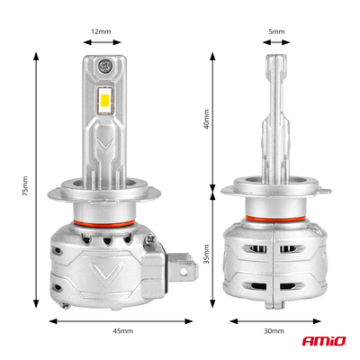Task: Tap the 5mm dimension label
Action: pos(276,31)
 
